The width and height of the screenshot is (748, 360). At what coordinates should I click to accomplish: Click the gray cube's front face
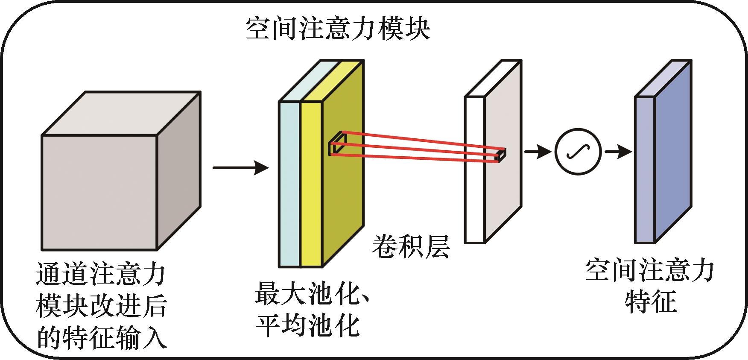(x=99, y=192)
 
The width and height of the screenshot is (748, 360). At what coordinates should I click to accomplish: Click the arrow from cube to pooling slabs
(x=240, y=168)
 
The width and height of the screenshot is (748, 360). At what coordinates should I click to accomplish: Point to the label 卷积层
(x=410, y=247)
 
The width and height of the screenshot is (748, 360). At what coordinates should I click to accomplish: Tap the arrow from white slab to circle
(x=537, y=152)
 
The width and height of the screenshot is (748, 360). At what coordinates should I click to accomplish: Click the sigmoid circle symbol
(x=578, y=152)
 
